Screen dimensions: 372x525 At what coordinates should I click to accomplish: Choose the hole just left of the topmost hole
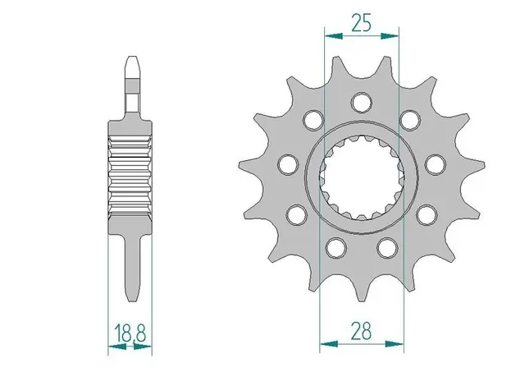(313, 121)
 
